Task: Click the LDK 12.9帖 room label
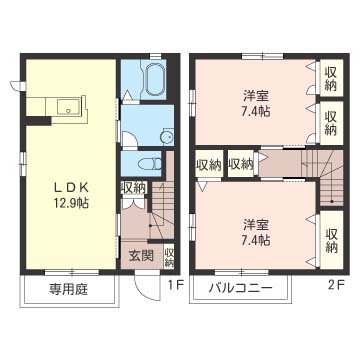click(x=71, y=196)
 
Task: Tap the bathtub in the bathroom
click(x=156, y=79)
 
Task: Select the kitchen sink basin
click(x=69, y=106)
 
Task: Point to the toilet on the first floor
click(x=150, y=164)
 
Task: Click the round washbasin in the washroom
click(x=166, y=136)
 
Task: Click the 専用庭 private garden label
click(x=69, y=289)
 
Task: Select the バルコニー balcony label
click(x=241, y=288)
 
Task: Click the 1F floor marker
click(x=176, y=285)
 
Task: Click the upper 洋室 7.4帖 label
click(x=256, y=104)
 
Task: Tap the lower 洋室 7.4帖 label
click(x=256, y=233)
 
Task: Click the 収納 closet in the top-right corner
click(x=331, y=78)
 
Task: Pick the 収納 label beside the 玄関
click(x=169, y=257)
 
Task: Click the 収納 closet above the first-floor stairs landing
click(x=133, y=188)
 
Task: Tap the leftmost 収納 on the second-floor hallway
click(x=209, y=164)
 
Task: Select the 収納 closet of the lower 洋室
click(x=331, y=239)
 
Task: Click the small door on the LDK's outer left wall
click(x=17, y=86)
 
